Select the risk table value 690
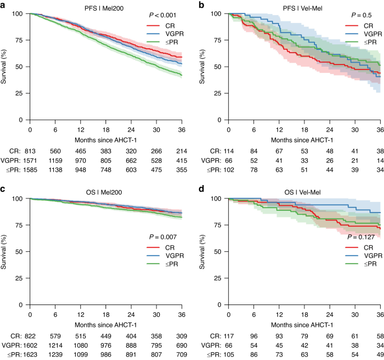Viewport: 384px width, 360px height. [x=179, y=345]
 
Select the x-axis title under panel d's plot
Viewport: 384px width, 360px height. [x=304, y=324]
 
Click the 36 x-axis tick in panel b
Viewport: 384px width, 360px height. [x=378, y=129]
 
